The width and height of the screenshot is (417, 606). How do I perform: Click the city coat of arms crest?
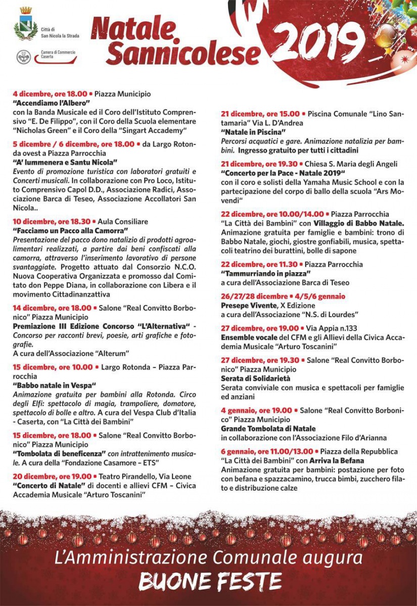pos(25,23)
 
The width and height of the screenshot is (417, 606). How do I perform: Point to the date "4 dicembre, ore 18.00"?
pos(50,94)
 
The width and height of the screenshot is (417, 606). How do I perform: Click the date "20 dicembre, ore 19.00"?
pos(53,476)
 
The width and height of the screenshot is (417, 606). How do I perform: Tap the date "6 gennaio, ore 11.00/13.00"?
pos(266,451)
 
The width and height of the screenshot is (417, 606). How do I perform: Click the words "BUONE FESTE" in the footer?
pos(210,581)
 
